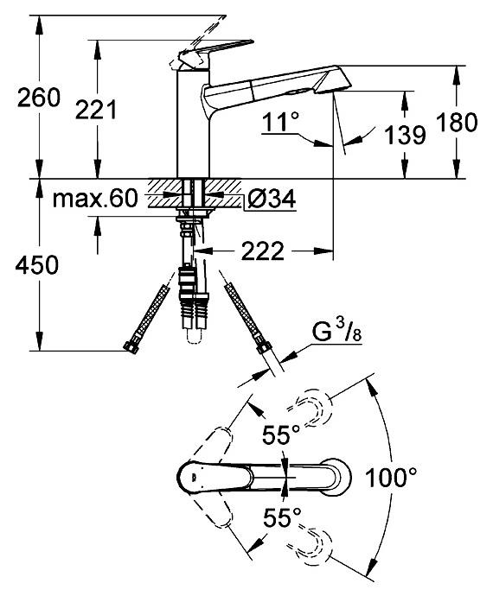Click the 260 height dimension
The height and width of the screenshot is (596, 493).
[x=39, y=98]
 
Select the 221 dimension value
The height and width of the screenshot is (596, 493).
[x=96, y=111]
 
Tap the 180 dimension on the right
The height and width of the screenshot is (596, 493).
[x=457, y=122]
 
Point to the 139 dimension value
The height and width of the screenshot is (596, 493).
[x=405, y=135]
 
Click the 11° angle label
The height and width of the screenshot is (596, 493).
[x=281, y=122]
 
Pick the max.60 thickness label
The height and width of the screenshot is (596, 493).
[x=95, y=199]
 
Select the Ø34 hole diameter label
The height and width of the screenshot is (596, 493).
[x=272, y=199]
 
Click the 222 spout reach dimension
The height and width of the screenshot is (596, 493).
[x=263, y=250]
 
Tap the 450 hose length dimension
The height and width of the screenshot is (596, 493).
[x=37, y=265]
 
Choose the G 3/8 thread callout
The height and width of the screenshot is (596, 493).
[x=337, y=333]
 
